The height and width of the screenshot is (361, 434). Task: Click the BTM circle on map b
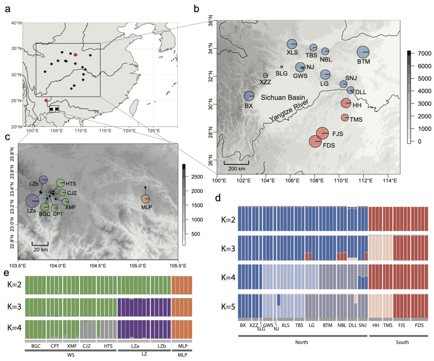coord(363,52)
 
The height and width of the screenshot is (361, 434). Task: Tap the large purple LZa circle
coord(32,200)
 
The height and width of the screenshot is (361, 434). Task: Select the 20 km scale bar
coord(40,243)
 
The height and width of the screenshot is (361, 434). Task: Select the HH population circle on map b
coord(346,103)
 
